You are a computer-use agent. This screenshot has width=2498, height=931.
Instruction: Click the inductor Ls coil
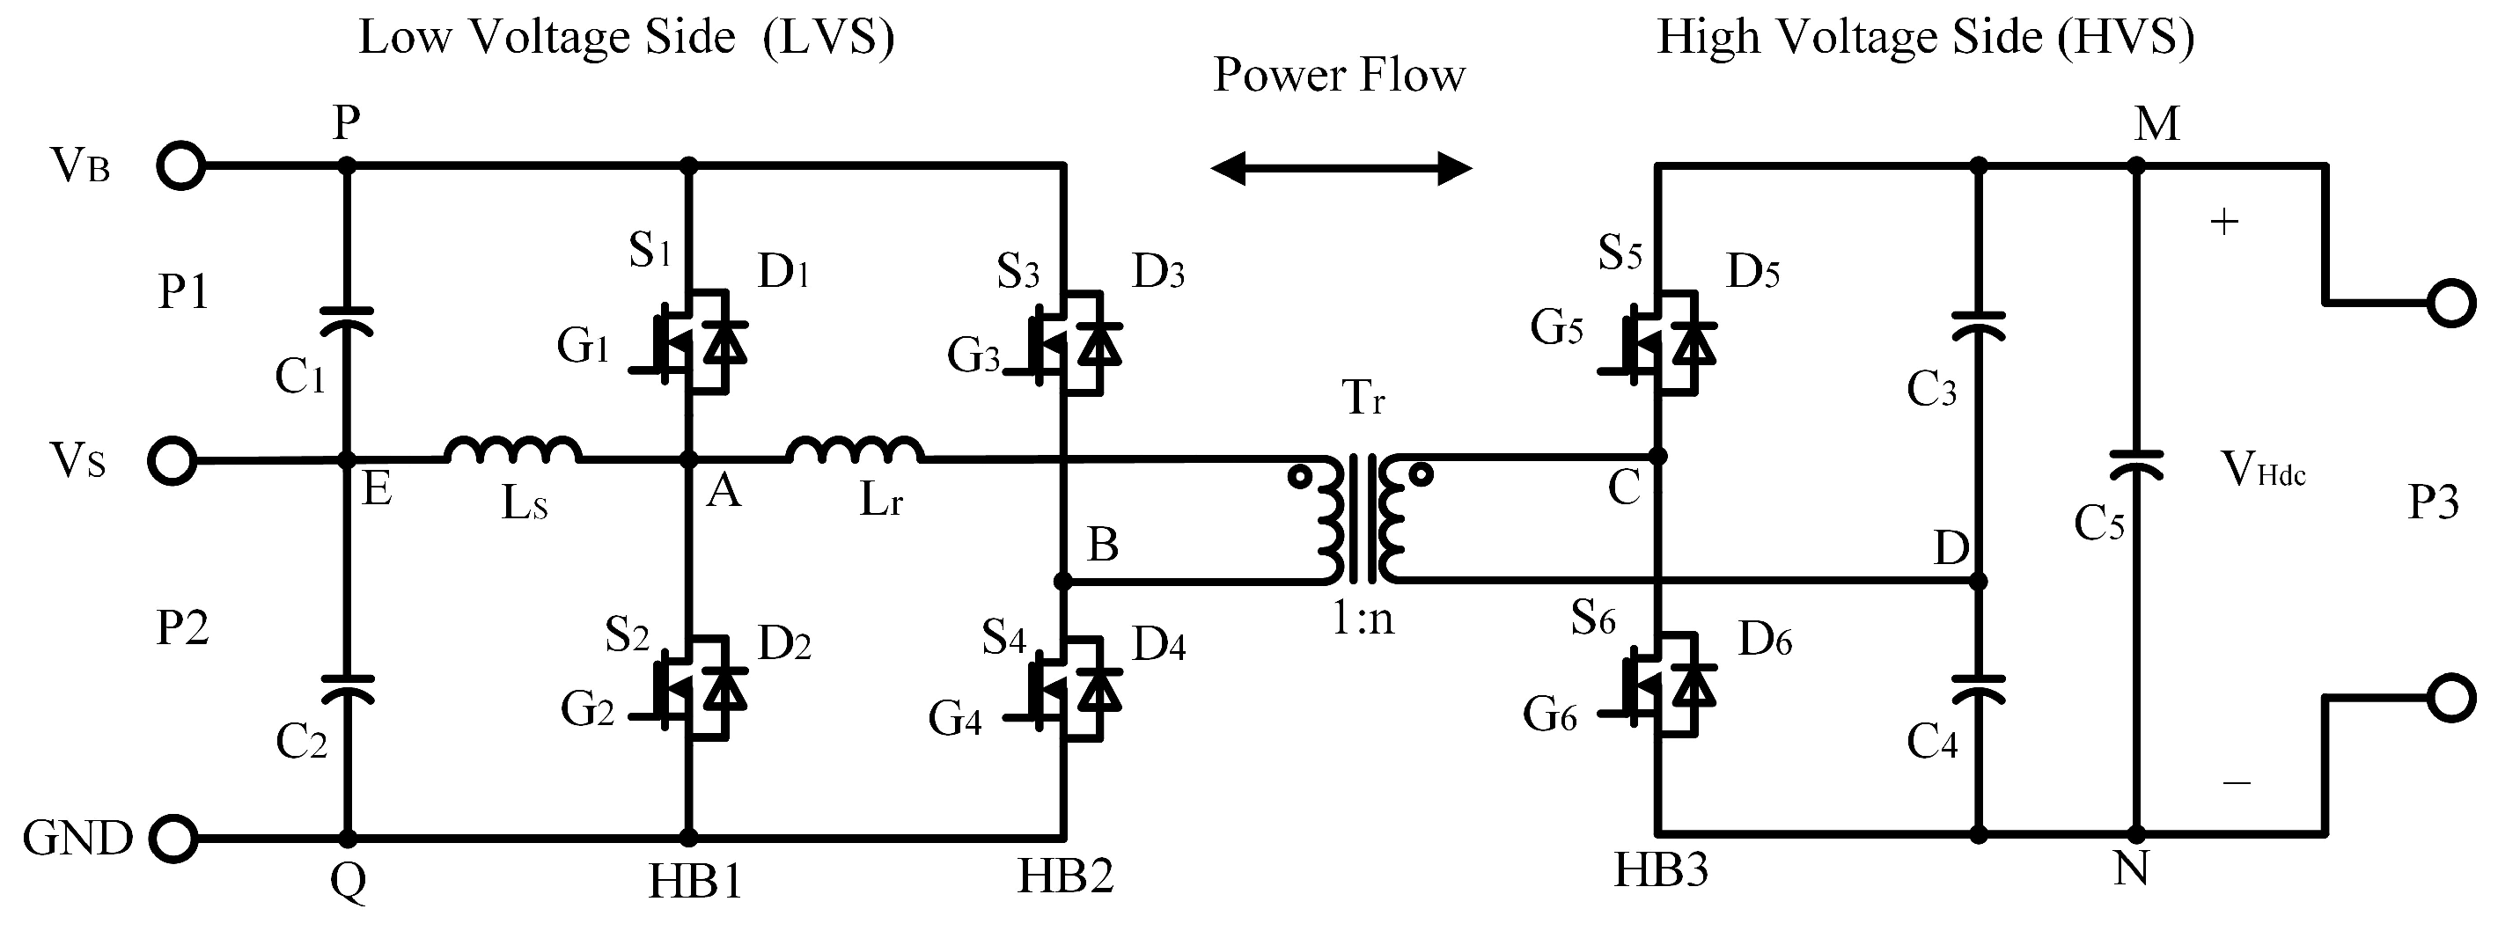click(x=513, y=450)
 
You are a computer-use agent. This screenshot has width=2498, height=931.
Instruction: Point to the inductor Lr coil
click(x=856, y=450)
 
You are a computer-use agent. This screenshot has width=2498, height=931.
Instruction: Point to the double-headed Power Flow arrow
click(x=1341, y=169)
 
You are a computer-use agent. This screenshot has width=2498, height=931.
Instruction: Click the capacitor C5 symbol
click(x=2137, y=465)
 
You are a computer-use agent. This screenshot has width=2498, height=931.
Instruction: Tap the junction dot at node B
click(x=1064, y=582)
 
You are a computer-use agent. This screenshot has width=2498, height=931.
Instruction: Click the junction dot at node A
click(x=689, y=458)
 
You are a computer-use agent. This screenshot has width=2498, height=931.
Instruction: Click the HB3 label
click(x=1660, y=871)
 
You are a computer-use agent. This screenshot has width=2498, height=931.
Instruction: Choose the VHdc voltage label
click(x=2262, y=471)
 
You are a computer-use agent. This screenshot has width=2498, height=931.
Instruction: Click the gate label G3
click(x=973, y=356)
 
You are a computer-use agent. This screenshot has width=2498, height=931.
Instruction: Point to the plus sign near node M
click(x=2223, y=222)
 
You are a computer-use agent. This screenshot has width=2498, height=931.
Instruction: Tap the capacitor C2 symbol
click(x=346, y=688)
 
